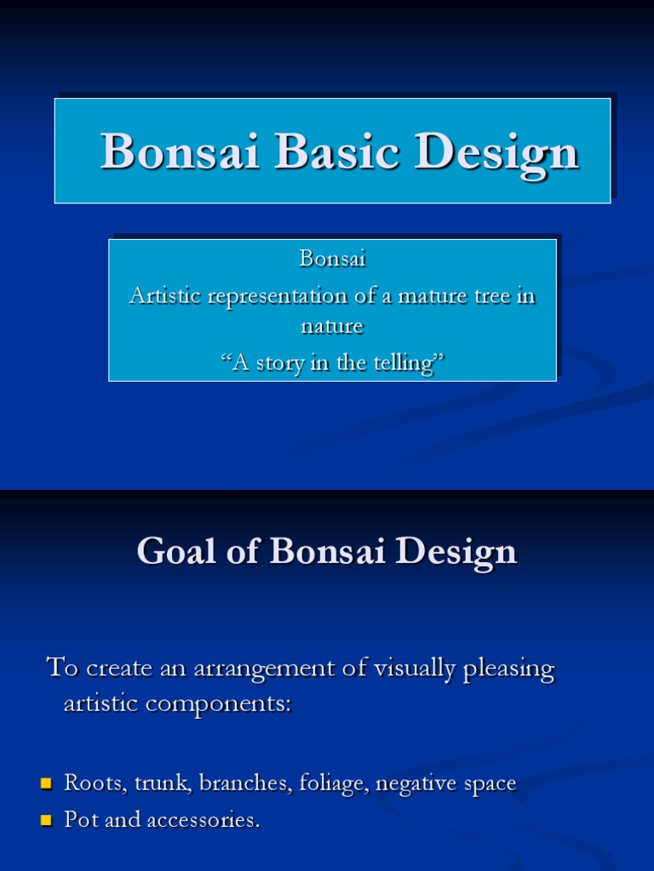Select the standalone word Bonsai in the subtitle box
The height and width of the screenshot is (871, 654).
(x=332, y=259)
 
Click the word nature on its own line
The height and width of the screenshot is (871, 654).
(x=332, y=326)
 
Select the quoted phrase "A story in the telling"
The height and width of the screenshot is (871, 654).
(x=332, y=363)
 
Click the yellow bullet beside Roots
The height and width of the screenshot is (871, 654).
(x=46, y=783)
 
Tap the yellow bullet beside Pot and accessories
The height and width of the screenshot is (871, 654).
(x=46, y=821)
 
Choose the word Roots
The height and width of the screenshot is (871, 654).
(x=94, y=783)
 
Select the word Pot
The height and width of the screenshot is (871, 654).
(x=81, y=821)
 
